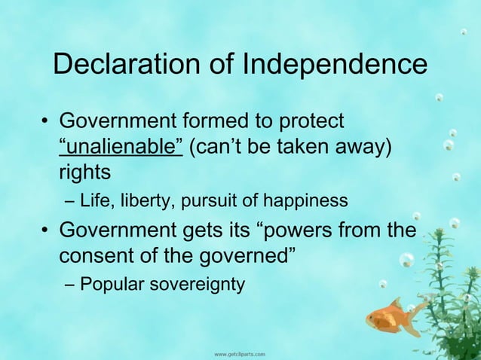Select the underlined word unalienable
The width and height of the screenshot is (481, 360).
121,145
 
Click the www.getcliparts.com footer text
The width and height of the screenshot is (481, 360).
240,352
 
